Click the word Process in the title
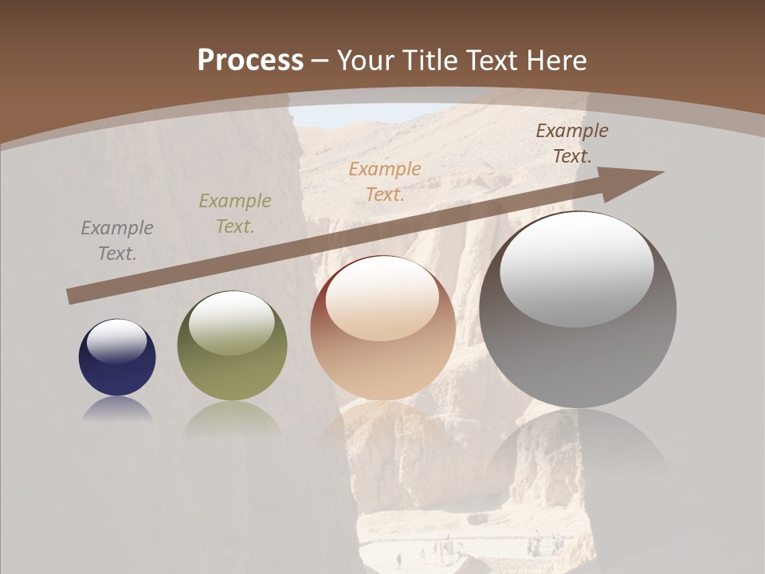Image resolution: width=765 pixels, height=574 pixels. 250,60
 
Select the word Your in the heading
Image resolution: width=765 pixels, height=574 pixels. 366,60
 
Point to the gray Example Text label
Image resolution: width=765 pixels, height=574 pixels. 117,241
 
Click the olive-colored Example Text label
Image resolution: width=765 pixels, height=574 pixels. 235,214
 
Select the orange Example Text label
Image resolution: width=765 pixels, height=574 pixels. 385,182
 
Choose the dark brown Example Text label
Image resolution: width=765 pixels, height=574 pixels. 571,143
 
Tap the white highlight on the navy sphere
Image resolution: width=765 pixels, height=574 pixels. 116,341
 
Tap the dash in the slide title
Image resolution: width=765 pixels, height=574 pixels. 320,61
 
